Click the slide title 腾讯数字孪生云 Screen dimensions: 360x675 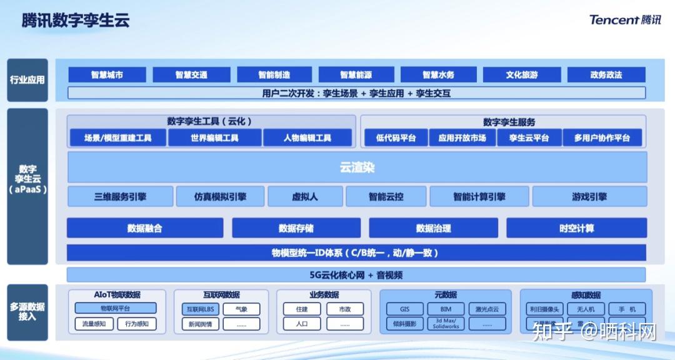76,21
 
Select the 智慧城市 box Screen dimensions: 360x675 107,75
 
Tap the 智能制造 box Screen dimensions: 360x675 274,75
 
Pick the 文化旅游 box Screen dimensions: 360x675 522,75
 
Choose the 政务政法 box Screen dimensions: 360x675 606,75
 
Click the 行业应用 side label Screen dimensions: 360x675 27,80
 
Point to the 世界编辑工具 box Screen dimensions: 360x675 214,138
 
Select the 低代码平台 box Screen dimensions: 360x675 396,138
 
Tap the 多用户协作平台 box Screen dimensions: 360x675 602,138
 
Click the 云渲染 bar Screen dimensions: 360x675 357,167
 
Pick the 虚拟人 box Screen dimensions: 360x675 305,196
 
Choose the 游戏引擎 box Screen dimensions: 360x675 589,196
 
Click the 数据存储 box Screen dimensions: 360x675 296,228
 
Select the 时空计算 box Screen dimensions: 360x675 576,228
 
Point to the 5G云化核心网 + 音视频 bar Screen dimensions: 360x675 356,275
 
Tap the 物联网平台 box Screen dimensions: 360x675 116,308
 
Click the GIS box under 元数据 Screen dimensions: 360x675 404,309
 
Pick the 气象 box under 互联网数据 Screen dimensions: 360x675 241,309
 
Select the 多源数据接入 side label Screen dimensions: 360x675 27,312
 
